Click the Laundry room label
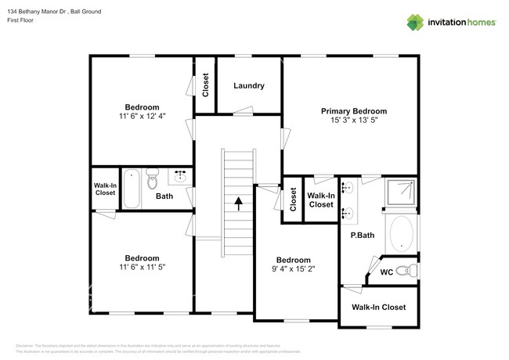point(248,86)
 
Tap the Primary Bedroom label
point(353,111)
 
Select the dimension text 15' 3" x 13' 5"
point(353,121)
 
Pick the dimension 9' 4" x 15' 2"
point(293,270)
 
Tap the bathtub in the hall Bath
point(132,189)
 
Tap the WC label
point(386,273)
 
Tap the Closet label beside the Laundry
point(205,84)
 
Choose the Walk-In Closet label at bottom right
point(378,308)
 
